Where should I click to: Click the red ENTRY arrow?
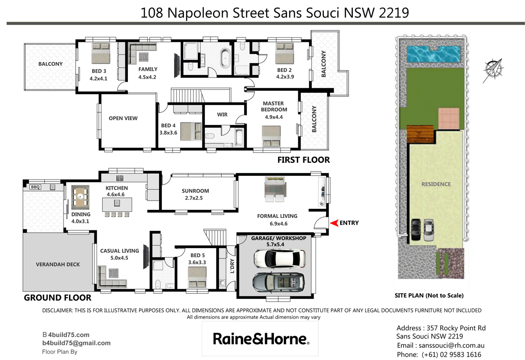(x=334, y=223)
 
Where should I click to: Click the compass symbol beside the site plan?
(x=493, y=69)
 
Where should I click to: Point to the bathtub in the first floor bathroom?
(x=224, y=57)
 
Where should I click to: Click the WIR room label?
(x=223, y=114)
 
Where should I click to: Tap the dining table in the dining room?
(x=81, y=197)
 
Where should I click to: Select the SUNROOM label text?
(x=196, y=191)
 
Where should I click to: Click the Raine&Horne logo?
(x=261, y=339)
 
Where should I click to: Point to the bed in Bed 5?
(x=196, y=282)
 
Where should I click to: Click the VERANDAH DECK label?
(x=58, y=264)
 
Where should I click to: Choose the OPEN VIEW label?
(x=123, y=118)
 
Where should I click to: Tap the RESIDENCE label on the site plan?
(x=436, y=184)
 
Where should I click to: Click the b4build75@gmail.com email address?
(x=77, y=343)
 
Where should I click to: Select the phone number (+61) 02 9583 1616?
(x=451, y=354)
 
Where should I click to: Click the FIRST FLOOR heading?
(x=303, y=160)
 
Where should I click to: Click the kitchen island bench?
(x=117, y=204)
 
